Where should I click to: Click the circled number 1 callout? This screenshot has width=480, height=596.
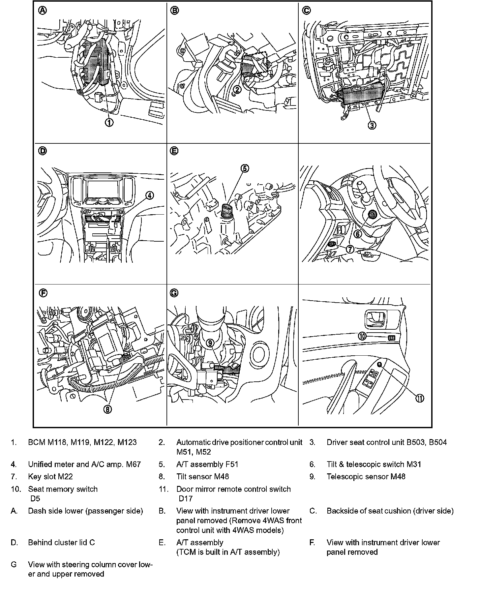click(109, 122)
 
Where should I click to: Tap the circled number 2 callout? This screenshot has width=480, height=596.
click(237, 89)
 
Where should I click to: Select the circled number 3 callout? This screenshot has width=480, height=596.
click(372, 125)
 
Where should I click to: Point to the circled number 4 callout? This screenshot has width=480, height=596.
click(149, 195)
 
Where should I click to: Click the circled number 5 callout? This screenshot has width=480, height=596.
click(244, 168)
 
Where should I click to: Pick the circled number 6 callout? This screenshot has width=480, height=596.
click(358, 234)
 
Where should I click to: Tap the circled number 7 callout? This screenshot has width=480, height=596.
click(350, 249)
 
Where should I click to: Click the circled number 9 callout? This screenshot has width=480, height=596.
click(210, 343)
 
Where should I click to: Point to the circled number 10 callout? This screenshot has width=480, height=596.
click(362, 336)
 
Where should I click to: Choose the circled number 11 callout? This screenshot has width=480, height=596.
click(419, 398)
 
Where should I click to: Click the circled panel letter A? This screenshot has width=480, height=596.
click(43, 11)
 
